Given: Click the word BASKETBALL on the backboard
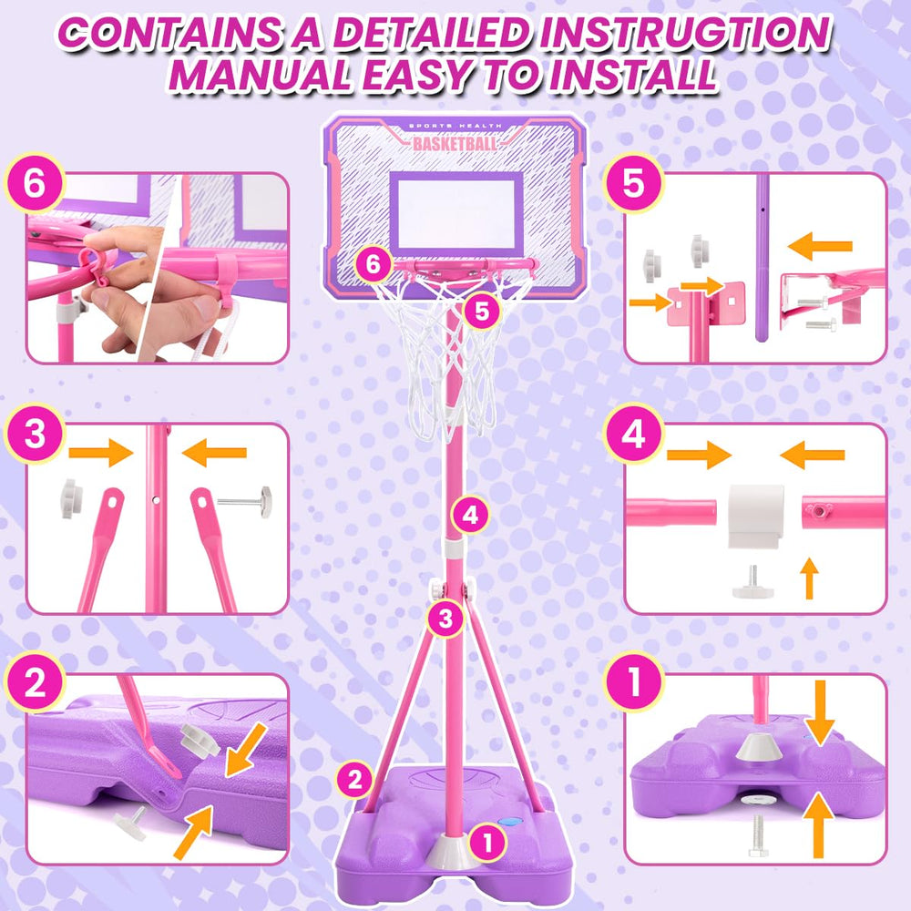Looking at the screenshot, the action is pos(455,144).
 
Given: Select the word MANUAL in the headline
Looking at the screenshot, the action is pos(260,76).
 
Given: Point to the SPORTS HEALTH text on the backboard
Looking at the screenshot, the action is pos(455,126).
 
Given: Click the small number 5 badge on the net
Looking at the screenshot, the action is pos(482,311).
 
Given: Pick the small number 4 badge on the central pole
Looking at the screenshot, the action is pos(470,515).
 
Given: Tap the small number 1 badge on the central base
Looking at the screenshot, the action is pos(487,843).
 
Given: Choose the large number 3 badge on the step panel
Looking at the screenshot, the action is pos(35,434).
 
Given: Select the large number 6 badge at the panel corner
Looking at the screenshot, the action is pos(35,184).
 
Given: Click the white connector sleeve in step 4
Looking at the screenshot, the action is pos(756,516).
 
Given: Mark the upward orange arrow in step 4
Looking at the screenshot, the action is pos(809,578).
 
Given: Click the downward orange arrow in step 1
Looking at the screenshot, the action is pos(820,712).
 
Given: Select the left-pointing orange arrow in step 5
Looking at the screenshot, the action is pos(820,246).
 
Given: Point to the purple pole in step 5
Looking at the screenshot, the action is pos(763,258).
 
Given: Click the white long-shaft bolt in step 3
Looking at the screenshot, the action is pos(244,501).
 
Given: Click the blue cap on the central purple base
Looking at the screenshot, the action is pos(511,822).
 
